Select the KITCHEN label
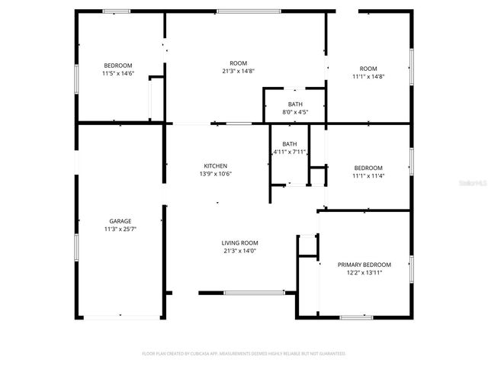tap(215, 166)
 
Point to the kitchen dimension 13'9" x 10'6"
tap(215, 174)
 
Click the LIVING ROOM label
tap(239, 243)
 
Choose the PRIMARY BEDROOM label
tap(364, 265)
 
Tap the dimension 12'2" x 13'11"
tap(364, 272)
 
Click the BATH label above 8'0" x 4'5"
tap(295, 104)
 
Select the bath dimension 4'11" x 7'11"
tap(290, 152)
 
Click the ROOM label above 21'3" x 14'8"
tap(239, 63)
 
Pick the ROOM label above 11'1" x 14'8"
tap(369, 69)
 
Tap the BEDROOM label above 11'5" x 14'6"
tap(118, 65)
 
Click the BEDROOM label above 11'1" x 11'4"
tap(369, 168)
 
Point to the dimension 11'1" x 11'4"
tap(369, 175)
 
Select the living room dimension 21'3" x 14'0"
tap(239, 251)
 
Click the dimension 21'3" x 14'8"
tap(239, 71)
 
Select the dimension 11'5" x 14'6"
tap(118, 73)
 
